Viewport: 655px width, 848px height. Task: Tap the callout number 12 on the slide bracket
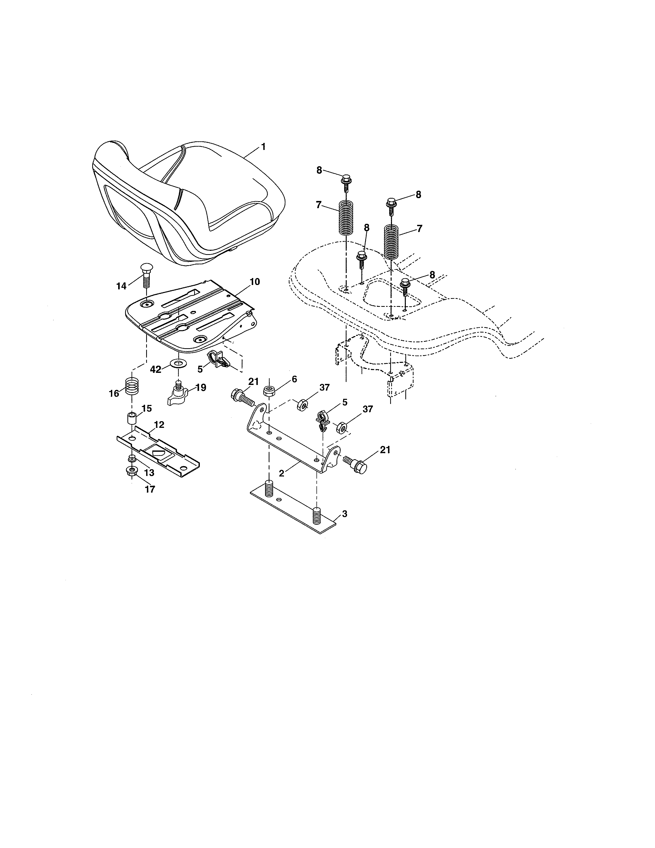tap(159, 425)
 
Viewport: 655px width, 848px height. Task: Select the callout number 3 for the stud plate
tap(344, 514)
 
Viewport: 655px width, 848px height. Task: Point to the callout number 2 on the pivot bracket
tap(282, 473)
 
